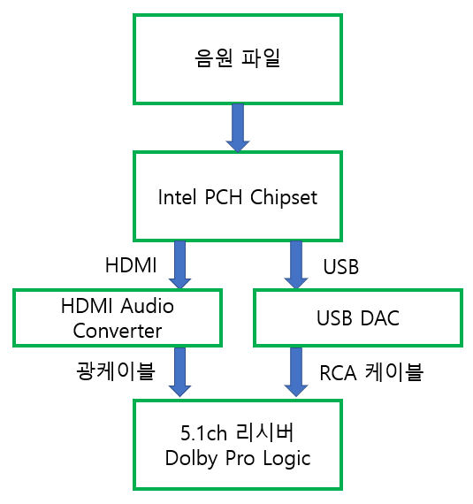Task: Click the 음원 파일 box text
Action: coord(238,58)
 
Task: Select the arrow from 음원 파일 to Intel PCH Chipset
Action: coord(238,128)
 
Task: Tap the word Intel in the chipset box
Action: coord(177,196)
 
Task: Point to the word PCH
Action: coord(224,196)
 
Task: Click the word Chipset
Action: coord(284,197)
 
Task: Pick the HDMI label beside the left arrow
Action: coord(131,265)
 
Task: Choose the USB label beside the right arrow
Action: coord(341,267)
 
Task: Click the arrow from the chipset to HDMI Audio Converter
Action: coord(180,265)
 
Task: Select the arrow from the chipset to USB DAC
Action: coord(296,265)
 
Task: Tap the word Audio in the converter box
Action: coord(148,306)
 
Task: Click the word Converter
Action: coord(118,331)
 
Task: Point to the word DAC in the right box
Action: coord(380,318)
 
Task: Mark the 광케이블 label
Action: coord(116,370)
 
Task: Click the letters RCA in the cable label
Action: coord(338,373)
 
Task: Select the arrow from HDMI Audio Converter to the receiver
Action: coord(180,372)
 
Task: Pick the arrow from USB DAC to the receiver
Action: coord(296,372)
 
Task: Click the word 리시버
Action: coord(264,432)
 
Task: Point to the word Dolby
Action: coord(192,458)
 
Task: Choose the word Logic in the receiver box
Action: coord(287,458)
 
